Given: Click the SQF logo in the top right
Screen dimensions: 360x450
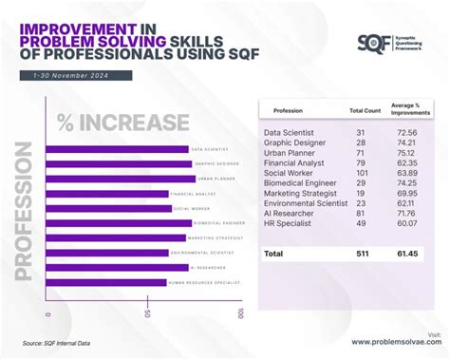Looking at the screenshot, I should (x=371, y=42).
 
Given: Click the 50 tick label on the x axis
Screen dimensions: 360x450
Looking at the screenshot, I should (x=147, y=313).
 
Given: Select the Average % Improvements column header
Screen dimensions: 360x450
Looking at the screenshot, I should (x=411, y=110).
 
